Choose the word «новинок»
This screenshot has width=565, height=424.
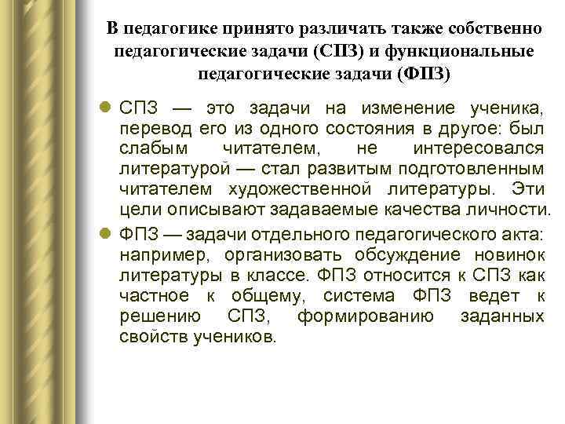click(508, 254)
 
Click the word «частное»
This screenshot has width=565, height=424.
click(155, 295)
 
